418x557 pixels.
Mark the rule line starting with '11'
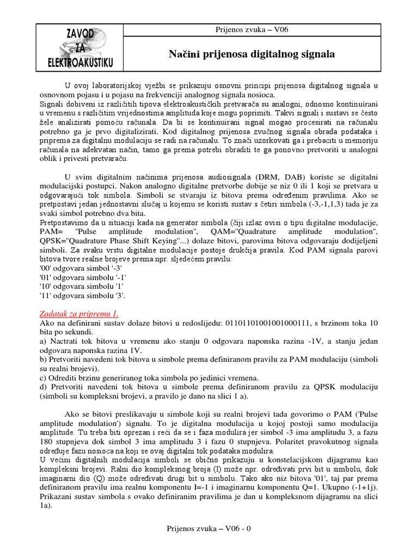82,296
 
